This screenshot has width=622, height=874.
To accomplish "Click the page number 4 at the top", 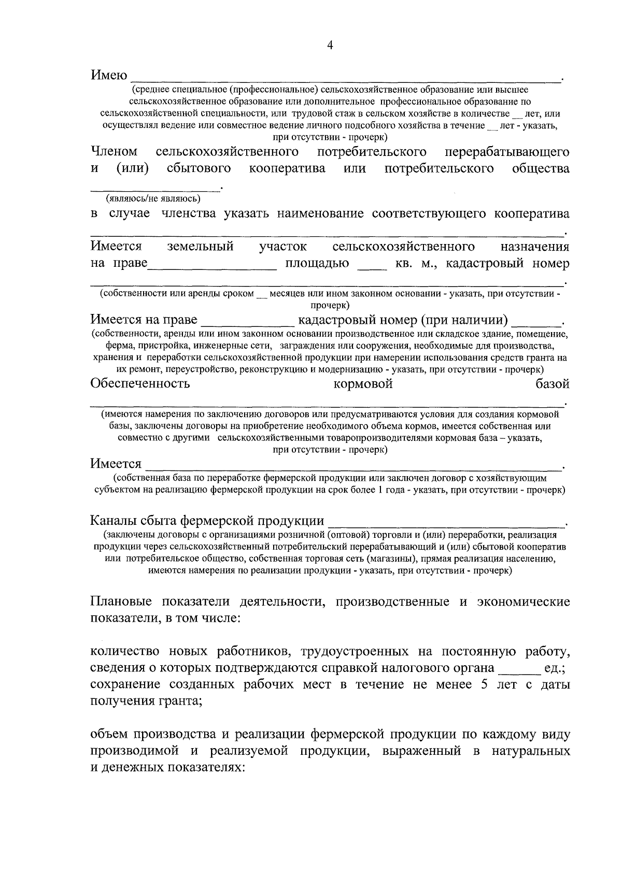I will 330,46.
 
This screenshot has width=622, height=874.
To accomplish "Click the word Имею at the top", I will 109,76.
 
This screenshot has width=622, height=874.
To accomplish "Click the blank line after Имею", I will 345,79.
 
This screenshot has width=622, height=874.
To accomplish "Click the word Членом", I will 114,152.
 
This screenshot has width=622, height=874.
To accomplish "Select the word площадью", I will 317,264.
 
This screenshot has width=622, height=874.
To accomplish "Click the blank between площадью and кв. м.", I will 372,267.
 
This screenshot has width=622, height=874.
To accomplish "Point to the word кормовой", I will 363,384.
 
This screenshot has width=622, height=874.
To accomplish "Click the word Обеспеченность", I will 140,384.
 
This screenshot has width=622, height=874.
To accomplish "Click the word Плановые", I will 121,602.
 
